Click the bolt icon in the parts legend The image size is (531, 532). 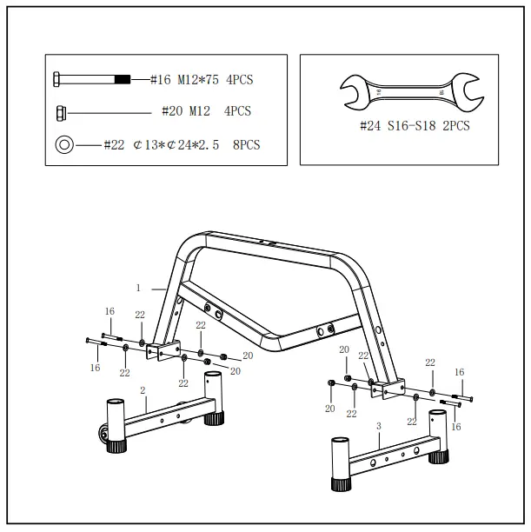(x=91, y=80)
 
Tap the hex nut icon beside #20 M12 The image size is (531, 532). (x=63, y=111)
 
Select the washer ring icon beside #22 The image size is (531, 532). (x=64, y=144)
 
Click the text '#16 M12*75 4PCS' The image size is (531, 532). (x=201, y=80)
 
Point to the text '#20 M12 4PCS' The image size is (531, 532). (x=206, y=111)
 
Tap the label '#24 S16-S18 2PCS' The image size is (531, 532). (x=414, y=126)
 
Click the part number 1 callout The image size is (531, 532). (x=138, y=286)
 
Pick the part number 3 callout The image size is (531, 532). (x=379, y=427)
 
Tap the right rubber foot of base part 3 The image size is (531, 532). (x=441, y=451)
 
